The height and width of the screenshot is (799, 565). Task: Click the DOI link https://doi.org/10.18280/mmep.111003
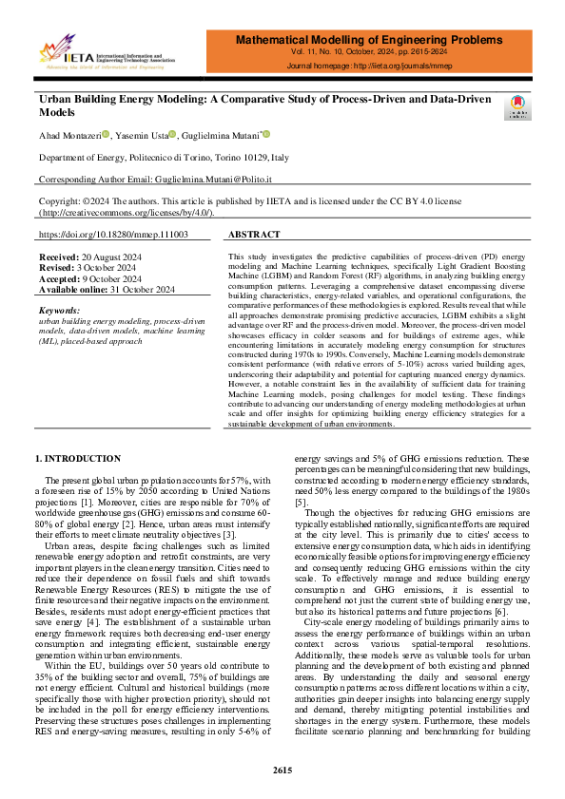[113, 234]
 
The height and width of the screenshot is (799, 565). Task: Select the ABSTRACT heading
[255, 234]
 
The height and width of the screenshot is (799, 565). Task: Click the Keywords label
[60, 311]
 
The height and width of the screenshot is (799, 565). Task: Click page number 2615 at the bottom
[282, 769]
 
